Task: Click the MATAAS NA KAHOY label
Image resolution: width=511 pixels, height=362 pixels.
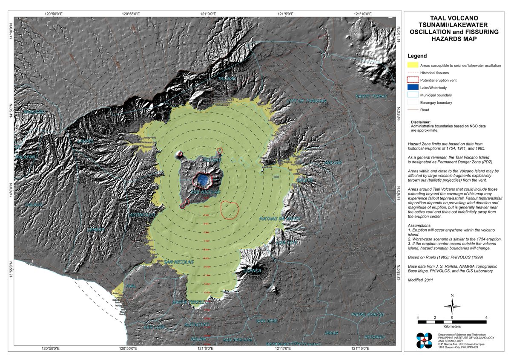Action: click(280, 218)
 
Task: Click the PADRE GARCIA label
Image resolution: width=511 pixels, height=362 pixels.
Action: click(367, 314)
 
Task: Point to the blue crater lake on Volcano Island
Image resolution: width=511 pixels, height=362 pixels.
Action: click(205, 181)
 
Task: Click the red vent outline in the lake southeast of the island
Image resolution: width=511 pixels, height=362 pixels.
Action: click(230, 209)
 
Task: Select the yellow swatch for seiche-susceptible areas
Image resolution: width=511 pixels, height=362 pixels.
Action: click(412, 65)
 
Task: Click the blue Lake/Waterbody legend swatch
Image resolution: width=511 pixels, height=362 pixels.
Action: click(412, 87)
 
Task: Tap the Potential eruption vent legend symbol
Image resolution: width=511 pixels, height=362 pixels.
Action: click(412, 80)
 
